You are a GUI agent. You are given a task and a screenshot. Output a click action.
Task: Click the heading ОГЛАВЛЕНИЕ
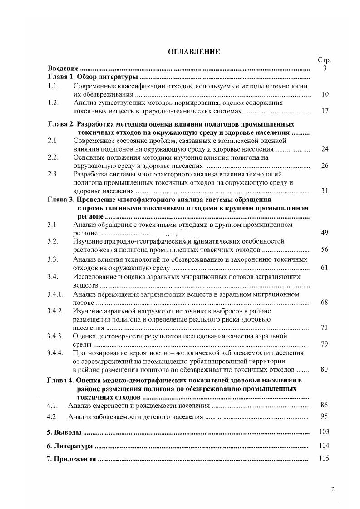point(194,52)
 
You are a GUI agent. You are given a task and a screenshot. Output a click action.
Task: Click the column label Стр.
point(324,60)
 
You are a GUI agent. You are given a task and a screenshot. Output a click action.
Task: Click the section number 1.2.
point(54,103)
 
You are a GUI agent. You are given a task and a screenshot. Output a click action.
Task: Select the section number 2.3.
point(54,174)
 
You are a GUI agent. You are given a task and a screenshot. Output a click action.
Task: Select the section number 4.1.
point(52,405)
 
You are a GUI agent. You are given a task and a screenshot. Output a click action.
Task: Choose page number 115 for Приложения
point(324,459)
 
